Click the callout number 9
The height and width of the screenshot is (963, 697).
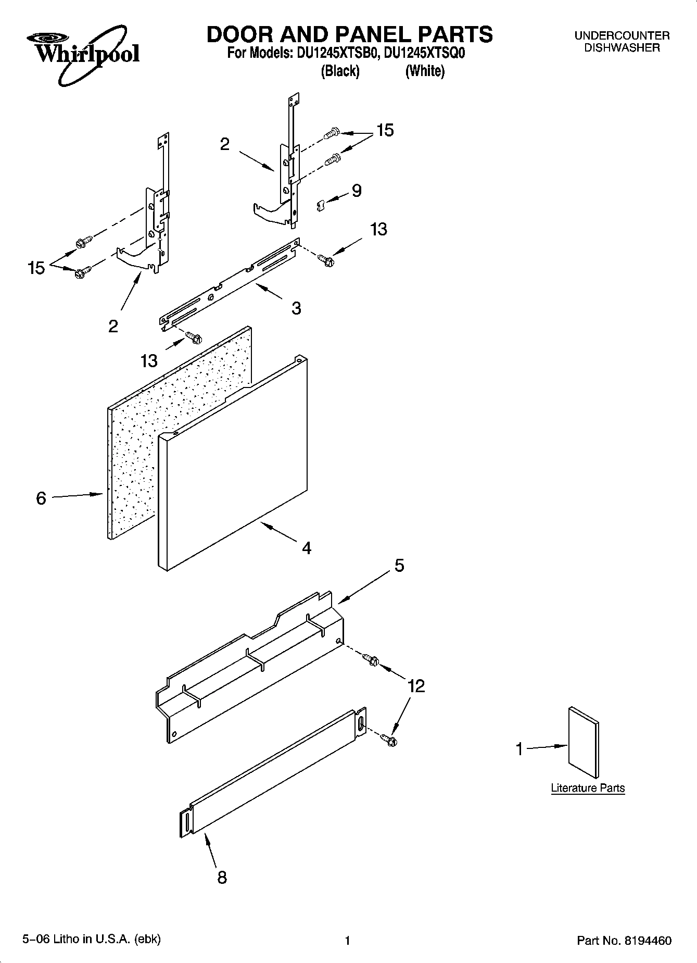[x=357, y=191]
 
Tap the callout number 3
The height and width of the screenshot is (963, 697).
[x=296, y=308]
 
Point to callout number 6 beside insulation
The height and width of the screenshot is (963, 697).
[x=41, y=498]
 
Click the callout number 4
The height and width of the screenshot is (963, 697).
[x=307, y=547]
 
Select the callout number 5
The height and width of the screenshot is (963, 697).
[x=399, y=565]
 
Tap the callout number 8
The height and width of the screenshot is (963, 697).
[x=222, y=878]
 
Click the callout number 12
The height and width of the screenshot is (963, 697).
[x=416, y=685]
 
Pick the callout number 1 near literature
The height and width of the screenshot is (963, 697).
[x=519, y=749]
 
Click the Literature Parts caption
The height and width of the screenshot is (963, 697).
[x=588, y=788]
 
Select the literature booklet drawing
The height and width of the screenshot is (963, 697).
[x=584, y=742]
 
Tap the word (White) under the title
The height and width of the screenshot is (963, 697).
[x=425, y=71]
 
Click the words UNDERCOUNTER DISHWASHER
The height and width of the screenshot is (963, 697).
[x=622, y=42]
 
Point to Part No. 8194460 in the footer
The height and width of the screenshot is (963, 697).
[x=624, y=941]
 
